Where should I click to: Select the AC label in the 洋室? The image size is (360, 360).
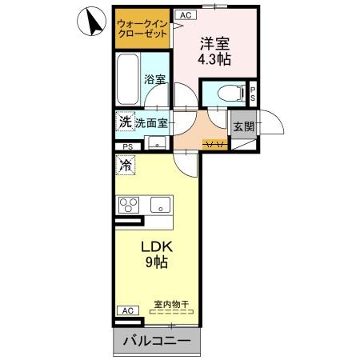click(185, 14)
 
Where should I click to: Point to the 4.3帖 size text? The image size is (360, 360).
click(214, 60)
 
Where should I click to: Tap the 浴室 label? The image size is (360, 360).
click(154, 80)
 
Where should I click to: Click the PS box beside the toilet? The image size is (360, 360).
click(253, 94)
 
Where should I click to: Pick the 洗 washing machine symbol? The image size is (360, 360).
click(125, 122)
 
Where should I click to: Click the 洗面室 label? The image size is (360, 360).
click(150, 123)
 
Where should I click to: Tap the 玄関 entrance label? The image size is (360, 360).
click(243, 126)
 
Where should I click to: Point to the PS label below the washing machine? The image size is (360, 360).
click(128, 146)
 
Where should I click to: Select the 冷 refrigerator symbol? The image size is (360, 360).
click(126, 166)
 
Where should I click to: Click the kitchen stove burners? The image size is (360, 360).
click(130, 204)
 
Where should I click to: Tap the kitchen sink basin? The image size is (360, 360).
click(162, 204)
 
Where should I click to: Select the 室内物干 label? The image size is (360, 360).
click(170, 304)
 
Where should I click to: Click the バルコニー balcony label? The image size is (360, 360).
click(157, 342)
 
